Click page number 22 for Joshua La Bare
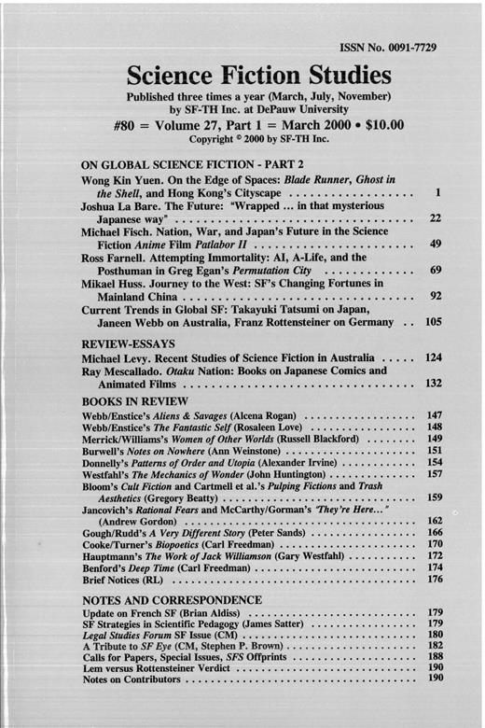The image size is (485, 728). [433, 217]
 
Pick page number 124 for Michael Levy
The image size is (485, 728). [431, 357]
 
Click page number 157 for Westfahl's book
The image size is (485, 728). [432, 500]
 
